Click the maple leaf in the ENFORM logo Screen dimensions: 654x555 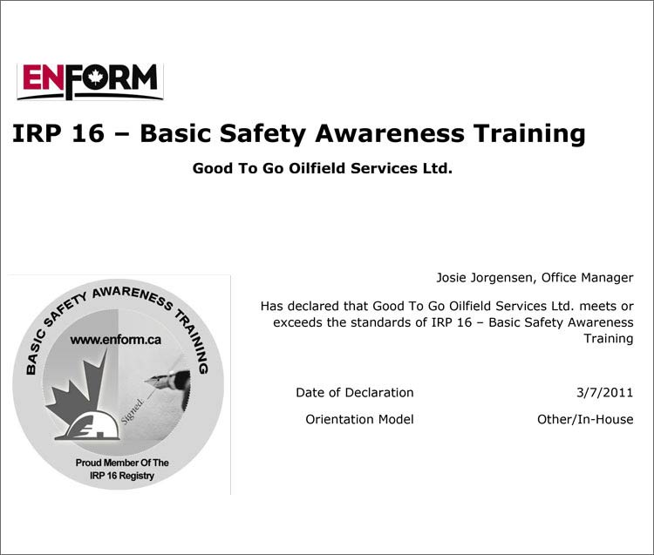point(96,77)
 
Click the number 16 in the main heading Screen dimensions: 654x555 point(88,133)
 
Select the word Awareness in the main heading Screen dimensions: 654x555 point(390,133)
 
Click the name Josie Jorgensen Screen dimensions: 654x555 point(484,278)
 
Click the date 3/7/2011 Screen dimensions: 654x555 point(605,392)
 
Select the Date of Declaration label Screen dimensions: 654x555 point(355,392)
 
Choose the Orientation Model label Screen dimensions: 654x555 point(359,419)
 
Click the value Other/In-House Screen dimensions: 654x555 point(585,419)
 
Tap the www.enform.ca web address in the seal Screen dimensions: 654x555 point(115,340)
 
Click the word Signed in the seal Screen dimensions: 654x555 point(133,411)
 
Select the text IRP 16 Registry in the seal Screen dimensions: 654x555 point(122,476)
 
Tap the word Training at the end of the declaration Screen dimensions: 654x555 point(608,339)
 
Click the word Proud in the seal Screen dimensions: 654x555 point(88,463)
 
